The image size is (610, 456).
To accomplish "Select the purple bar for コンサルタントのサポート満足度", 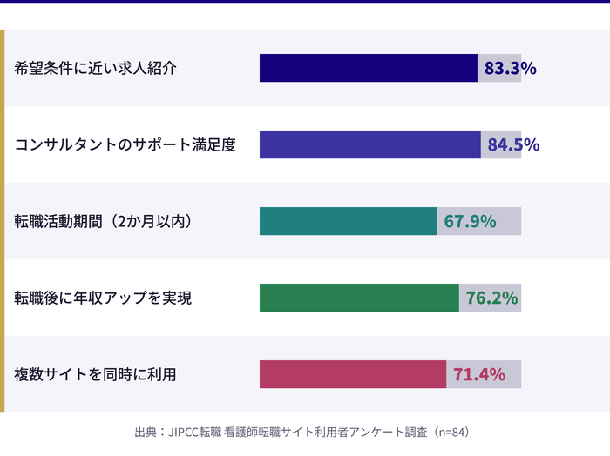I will click(x=369, y=144).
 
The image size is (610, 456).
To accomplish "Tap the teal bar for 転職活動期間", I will click(x=348, y=221).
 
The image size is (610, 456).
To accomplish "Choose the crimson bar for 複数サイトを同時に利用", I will click(x=352, y=374).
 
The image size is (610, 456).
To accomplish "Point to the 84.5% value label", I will click(x=513, y=144).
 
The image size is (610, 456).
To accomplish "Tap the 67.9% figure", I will click(x=470, y=221).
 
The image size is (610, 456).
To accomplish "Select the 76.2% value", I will click(x=491, y=298).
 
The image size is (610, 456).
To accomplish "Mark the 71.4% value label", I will click(x=478, y=374).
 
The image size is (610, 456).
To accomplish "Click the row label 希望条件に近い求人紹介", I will click(x=95, y=68).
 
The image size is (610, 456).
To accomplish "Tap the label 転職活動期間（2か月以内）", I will click(x=103, y=221).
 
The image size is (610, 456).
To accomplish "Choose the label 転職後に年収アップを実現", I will click(x=103, y=298).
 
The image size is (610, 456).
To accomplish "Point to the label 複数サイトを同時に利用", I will click(x=95, y=374).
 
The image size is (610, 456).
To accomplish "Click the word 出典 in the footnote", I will click(x=146, y=432).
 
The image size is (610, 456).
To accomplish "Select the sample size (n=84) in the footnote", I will click(x=454, y=432).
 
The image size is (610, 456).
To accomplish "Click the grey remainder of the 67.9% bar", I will click(x=511, y=221).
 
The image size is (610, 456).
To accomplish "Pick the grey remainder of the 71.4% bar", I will click(x=514, y=374).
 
